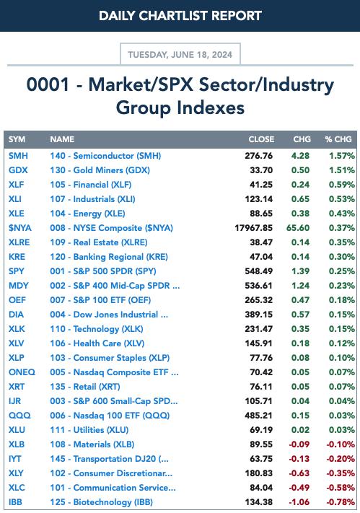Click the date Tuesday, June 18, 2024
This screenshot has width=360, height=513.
point(180,54)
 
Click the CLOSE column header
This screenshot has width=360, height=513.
point(261,139)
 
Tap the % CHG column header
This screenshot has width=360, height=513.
point(338,139)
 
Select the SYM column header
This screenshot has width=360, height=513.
point(17,139)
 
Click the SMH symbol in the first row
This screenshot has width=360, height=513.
point(18,156)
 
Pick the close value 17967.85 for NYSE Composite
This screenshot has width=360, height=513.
point(253,228)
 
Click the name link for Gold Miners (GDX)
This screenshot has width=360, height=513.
point(100,170)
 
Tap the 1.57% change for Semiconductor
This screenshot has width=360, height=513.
point(342,156)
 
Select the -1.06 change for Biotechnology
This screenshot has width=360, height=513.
point(299,502)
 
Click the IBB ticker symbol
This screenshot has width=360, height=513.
point(15,502)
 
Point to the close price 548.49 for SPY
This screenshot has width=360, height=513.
point(258,271)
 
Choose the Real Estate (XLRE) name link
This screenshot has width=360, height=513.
point(99,242)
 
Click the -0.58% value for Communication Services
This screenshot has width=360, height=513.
point(341,488)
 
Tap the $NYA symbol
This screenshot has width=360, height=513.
point(20,228)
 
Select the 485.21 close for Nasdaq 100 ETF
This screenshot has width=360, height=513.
point(258,416)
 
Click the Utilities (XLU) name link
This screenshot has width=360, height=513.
point(89,430)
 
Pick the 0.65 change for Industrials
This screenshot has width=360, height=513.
point(300,199)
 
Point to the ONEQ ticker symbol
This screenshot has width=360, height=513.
point(22,372)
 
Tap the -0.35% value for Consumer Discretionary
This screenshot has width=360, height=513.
point(341,473)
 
